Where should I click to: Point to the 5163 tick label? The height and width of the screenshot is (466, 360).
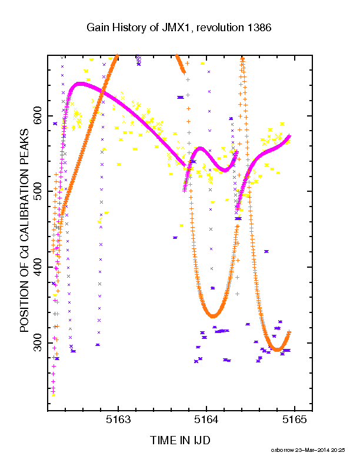118,420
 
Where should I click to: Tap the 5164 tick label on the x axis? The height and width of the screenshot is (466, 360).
206,420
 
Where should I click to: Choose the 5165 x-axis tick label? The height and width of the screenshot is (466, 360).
294,420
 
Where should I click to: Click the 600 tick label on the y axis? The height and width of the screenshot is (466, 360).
38,115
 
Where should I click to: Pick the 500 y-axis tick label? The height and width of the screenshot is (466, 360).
38,191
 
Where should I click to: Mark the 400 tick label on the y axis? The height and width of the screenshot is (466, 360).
38,267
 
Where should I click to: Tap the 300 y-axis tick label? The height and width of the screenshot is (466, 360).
38,342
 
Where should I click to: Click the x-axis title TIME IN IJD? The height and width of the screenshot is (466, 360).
180,440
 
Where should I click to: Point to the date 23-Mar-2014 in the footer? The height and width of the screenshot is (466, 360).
312,450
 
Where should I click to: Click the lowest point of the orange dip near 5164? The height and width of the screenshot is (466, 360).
213,316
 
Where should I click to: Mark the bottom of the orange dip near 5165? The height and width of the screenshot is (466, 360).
277,350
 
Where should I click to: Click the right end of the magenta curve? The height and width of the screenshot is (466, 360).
289,136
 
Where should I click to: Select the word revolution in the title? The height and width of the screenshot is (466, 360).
220,28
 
